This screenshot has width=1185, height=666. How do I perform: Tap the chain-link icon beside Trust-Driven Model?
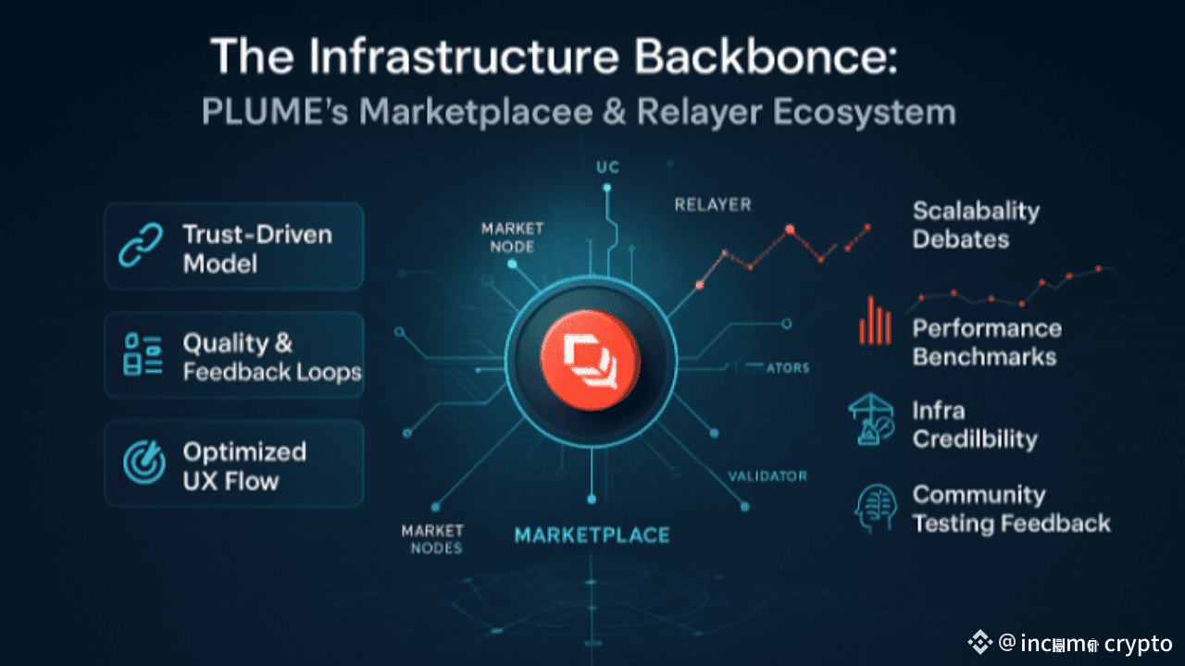(x=143, y=247)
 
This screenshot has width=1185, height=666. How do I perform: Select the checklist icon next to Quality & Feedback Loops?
(x=143, y=356)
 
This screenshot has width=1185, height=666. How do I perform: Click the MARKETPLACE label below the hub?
(x=592, y=535)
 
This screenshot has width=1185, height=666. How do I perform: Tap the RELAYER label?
(x=713, y=204)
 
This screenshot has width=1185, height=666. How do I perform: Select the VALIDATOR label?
(x=767, y=476)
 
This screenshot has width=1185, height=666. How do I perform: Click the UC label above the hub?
(x=606, y=167)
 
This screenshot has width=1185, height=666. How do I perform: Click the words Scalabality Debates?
(x=976, y=225)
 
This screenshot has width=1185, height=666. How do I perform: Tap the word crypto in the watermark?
(x=1138, y=643)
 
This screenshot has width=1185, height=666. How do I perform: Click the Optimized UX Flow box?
(x=233, y=464)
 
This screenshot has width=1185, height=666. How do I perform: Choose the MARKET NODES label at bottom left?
(x=431, y=538)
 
